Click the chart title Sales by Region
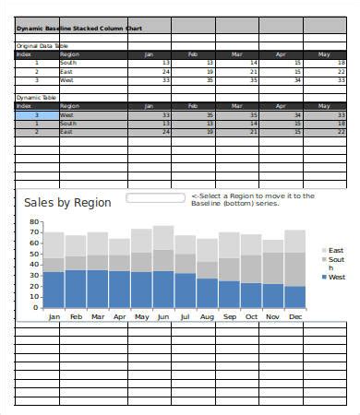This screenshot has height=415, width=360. click(x=67, y=202)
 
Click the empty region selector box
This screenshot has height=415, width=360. click(x=155, y=197)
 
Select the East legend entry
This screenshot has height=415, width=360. click(x=336, y=250)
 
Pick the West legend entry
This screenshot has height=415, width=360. click(x=337, y=277)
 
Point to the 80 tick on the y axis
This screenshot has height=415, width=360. click(x=35, y=222)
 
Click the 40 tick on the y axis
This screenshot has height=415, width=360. click(x=35, y=266)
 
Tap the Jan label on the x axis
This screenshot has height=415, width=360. click(x=54, y=316)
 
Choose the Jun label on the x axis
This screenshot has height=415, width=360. click(x=163, y=316)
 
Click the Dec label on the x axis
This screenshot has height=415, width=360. click(x=294, y=316)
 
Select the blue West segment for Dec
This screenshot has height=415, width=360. click(x=294, y=297)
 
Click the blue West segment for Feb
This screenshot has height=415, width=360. click(x=76, y=289)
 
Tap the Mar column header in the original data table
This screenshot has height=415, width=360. click(x=235, y=54)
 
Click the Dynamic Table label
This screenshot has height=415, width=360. click(x=36, y=97)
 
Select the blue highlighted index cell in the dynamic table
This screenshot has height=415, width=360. click(x=37, y=114)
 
